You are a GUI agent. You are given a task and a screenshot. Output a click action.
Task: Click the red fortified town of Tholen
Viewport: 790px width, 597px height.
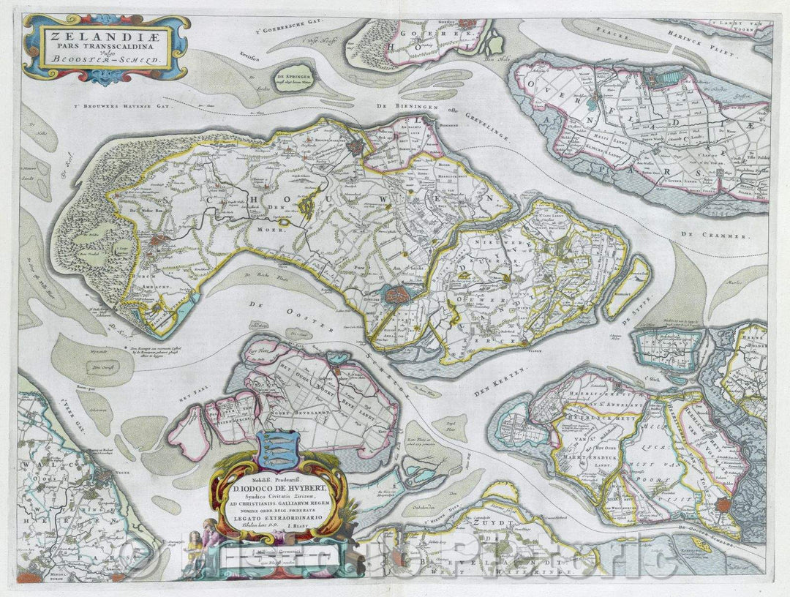[x=724, y=504]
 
